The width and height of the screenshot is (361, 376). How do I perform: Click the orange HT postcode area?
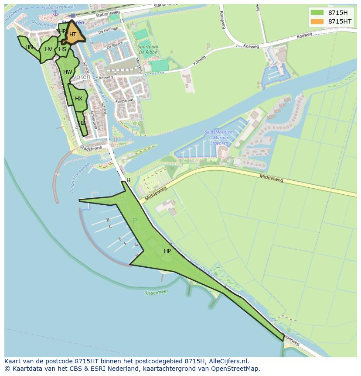(73, 35)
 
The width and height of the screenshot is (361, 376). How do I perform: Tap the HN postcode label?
(29, 47)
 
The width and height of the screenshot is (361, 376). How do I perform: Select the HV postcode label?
(48, 49)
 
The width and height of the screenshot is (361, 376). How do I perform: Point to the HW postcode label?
(68, 72)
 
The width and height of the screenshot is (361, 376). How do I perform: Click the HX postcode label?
(78, 99)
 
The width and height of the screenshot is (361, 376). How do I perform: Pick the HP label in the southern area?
(167, 251)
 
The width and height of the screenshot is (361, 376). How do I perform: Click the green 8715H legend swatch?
(317, 12)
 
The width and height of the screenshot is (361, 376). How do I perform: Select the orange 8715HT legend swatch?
(317, 21)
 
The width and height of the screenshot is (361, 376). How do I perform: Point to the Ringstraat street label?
(125, 101)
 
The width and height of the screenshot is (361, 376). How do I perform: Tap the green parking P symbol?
(135, 221)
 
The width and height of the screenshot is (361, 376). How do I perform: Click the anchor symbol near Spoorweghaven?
(55, 13)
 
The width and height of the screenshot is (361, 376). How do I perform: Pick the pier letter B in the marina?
(108, 220)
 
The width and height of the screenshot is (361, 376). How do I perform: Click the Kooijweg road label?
(222, 20)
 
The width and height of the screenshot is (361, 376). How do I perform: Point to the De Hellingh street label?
(108, 31)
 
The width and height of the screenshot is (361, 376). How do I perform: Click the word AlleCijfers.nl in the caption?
(227, 361)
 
